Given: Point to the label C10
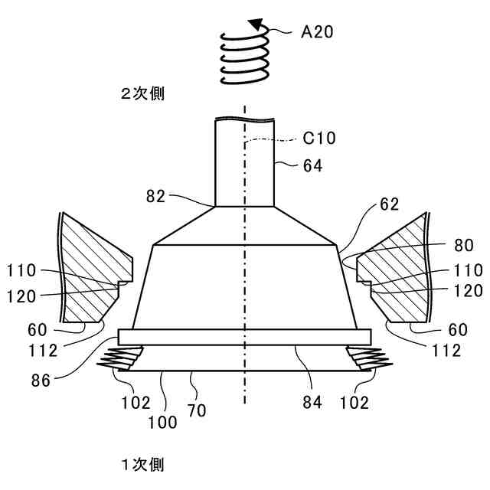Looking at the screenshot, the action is pyautogui.click(x=319, y=139).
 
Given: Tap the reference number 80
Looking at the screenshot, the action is pyautogui.click(x=463, y=246).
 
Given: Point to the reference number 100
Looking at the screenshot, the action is pyautogui.click(x=164, y=422).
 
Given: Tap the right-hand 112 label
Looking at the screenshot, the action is pyautogui.click(x=446, y=351).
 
